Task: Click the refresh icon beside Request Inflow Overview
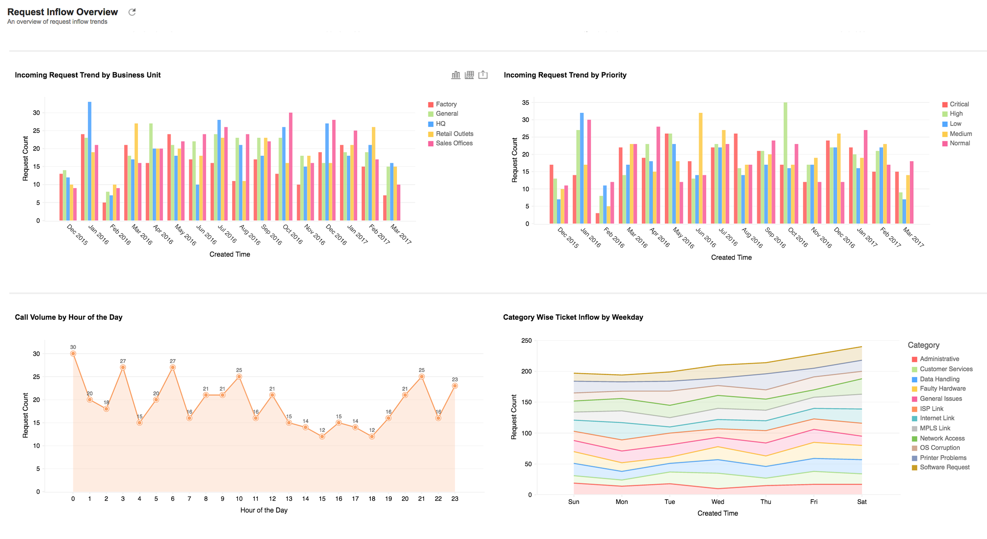click(132, 12)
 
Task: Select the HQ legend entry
click(440, 124)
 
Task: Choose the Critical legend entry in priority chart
click(959, 104)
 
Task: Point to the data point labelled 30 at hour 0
click(73, 354)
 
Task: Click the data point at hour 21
click(421, 377)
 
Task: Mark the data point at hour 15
click(322, 437)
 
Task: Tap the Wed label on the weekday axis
click(717, 502)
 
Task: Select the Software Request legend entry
click(944, 467)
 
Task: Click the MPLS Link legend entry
click(935, 428)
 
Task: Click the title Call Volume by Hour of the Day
click(69, 317)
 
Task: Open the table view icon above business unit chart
click(469, 75)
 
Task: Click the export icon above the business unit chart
click(483, 74)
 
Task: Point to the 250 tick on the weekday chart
click(526, 340)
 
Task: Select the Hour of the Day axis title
click(264, 510)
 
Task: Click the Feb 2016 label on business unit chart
click(120, 234)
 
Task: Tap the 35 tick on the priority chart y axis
click(525, 103)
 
